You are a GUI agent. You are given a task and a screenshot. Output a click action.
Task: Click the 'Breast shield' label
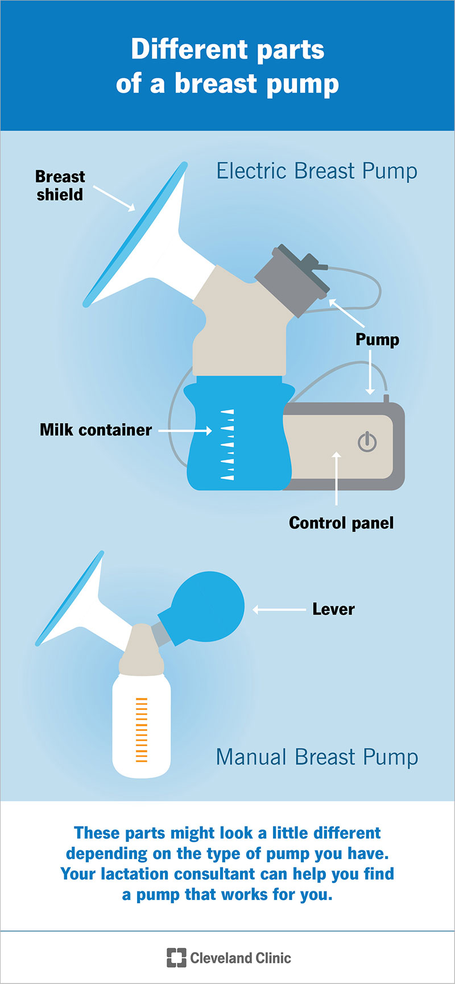pyautogui.click(x=60, y=185)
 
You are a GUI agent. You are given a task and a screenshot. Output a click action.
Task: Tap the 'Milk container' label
pyautogui.click(x=96, y=430)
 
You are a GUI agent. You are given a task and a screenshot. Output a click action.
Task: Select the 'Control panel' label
pyautogui.click(x=341, y=523)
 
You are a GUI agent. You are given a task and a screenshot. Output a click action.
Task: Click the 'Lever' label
pyautogui.click(x=333, y=609)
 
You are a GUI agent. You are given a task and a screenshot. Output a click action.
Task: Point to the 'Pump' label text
pyautogui.click(x=377, y=340)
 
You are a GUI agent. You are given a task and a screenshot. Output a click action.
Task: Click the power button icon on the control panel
pyautogui.click(x=367, y=442)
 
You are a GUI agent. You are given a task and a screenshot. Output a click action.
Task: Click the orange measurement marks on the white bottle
pyautogui.click(x=141, y=729)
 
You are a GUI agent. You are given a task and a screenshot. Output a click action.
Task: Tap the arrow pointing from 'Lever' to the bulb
pyautogui.click(x=279, y=610)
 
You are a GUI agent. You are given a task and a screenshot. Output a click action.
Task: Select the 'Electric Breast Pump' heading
pyautogui.click(x=317, y=171)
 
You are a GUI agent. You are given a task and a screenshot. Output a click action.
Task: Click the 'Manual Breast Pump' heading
pyautogui.click(x=317, y=757)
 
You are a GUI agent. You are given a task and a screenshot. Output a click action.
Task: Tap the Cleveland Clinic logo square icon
pyautogui.click(x=176, y=958)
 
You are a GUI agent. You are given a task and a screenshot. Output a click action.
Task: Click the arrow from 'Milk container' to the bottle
pyautogui.click(x=185, y=431)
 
